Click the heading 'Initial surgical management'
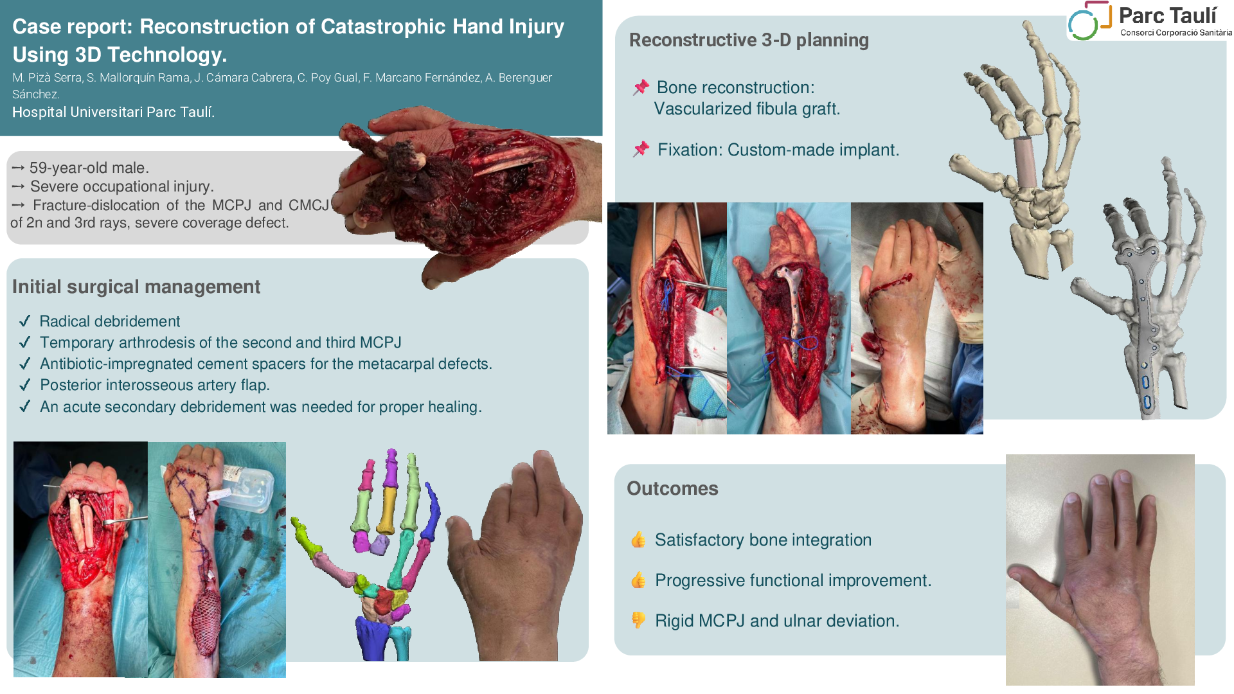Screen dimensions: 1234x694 pos(136,287)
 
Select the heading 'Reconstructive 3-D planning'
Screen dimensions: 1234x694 pos(749,40)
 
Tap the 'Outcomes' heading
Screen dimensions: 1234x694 pos(672,488)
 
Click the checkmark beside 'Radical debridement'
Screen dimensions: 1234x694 pos(25,321)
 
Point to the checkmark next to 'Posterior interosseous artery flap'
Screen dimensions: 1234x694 pos(25,385)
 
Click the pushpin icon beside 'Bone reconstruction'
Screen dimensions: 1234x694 pos(641,87)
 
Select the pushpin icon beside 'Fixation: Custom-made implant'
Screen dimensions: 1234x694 pos(641,150)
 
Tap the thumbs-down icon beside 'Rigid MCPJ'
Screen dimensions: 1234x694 pos(638,620)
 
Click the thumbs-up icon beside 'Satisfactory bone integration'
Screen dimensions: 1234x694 pos(638,539)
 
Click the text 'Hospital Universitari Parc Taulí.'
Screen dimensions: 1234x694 pos(114,112)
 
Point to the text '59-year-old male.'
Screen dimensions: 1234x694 pos(89,168)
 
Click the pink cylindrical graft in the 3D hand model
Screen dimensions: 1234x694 pos(1024,161)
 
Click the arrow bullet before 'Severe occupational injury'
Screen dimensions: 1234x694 pos(18,186)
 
